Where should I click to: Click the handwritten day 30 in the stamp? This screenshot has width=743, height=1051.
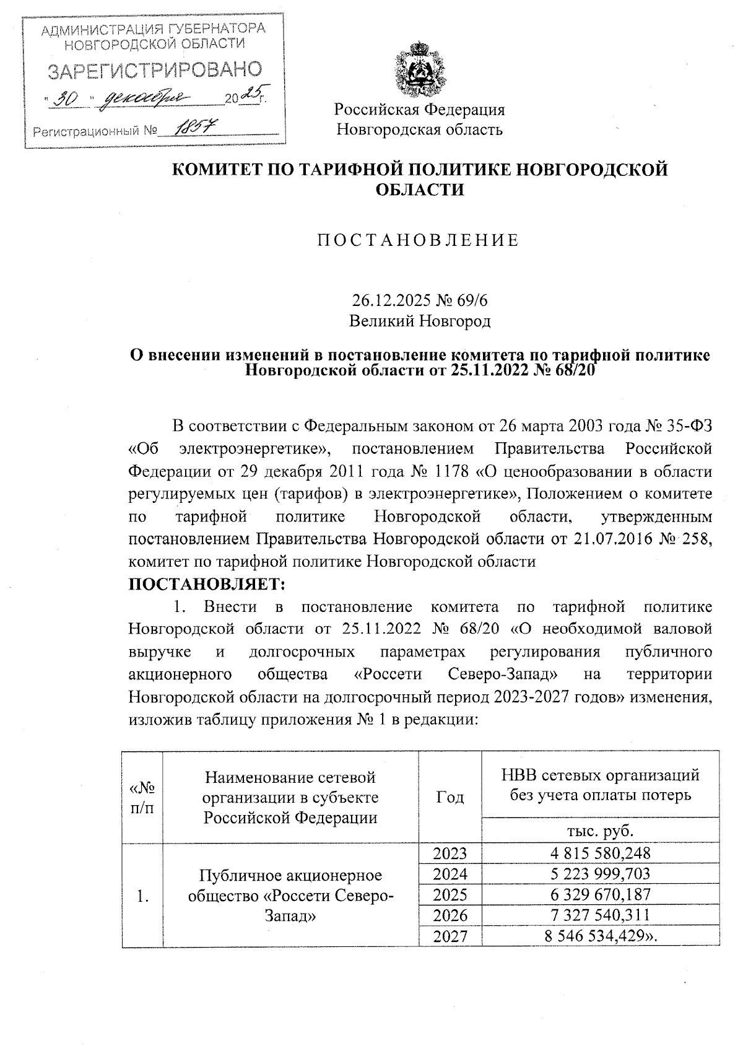(x=67, y=99)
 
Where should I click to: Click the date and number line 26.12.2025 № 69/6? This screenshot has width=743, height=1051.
(x=419, y=301)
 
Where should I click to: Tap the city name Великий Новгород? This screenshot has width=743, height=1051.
(x=419, y=321)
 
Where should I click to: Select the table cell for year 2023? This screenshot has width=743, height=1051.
(x=450, y=853)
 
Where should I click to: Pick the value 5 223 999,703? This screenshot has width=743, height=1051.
(x=600, y=874)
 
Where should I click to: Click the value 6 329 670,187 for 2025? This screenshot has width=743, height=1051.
(x=600, y=894)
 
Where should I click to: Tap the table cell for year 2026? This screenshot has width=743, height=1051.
(x=450, y=915)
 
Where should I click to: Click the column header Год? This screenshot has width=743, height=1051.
(x=450, y=797)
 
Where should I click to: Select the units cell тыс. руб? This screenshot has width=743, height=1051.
(x=600, y=831)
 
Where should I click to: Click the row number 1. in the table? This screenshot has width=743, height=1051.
(x=142, y=895)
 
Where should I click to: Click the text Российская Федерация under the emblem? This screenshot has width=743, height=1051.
(x=419, y=110)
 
